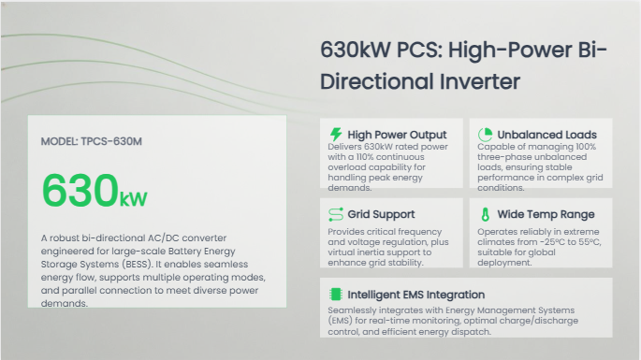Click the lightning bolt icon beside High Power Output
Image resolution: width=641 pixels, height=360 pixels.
(x=336, y=134)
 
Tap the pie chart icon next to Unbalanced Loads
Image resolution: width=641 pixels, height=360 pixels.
(x=486, y=135)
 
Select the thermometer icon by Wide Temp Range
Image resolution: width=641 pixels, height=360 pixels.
(x=486, y=214)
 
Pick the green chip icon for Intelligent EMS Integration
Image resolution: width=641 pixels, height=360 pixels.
(x=336, y=295)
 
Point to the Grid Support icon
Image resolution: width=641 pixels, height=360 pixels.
(x=336, y=214)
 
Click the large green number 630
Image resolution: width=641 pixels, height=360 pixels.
(x=80, y=191)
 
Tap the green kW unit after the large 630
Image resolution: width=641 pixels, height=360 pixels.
(x=133, y=198)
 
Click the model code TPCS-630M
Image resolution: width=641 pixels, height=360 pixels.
(x=111, y=141)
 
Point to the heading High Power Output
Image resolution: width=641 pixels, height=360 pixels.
(x=397, y=135)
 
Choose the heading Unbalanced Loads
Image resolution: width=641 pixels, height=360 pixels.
(x=547, y=135)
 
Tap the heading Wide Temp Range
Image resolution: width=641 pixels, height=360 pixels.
(x=546, y=214)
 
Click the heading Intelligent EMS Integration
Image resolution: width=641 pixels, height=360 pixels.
(x=416, y=295)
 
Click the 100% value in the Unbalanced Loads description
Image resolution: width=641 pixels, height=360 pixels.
(x=586, y=147)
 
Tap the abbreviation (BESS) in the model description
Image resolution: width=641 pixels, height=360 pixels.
(x=137, y=265)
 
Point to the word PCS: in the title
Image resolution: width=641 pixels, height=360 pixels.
(x=419, y=50)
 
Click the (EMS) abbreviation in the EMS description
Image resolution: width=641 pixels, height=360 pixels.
(x=340, y=321)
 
